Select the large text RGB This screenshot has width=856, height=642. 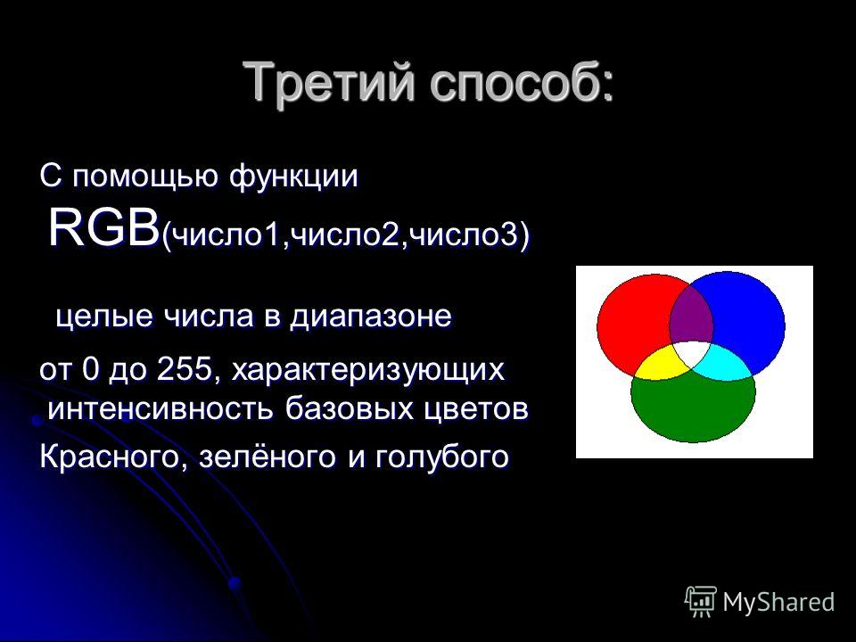pyautogui.click(x=103, y=227)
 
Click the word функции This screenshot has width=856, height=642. pyautogui.click(x=293, y=177)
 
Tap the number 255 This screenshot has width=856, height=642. pyautogui.click(x=184, y=369)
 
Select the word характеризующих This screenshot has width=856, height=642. pyautogui.click(x=368, y=371)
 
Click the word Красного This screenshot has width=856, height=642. pyautogui.click(x=109, y=457)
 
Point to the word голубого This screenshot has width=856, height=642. pyautogui.click(x=442, y=457)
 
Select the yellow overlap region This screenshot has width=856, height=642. pyautogui.click(x=661, y=363)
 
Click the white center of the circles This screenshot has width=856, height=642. pyautogui.click(x=692, y=354)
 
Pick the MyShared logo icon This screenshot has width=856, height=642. pyautogui.click(x=701, y=602)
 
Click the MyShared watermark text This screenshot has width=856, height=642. pyautogui.click(x=778, y=602)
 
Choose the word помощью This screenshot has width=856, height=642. pyautogui.click(x=145, y=177)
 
